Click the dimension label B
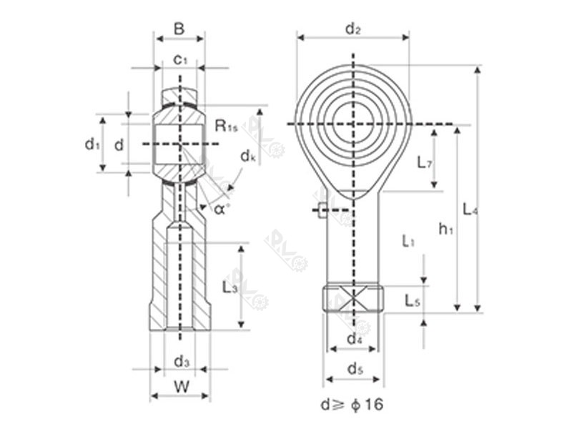[x=179, y=29]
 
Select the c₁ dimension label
[x=181, y=60]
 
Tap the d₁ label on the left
[x=91, y=144]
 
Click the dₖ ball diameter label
[x=248, y=155]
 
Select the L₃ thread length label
[x=230, y=287]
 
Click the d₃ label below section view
[x=182, y=362]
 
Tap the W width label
[x=181, y=387]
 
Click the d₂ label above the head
[x=352, y=29]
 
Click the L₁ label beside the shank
[x=408, y=241]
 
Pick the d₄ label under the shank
[x=354, y=339]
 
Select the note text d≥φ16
[x=352, y=405]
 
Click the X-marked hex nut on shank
[x=353, y=299]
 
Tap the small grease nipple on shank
[x=322, y=209]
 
